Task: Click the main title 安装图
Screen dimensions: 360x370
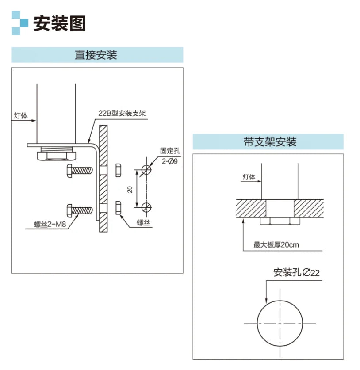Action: [59, 23]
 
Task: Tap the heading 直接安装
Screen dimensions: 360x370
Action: [96, 55]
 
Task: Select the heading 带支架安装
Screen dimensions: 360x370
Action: [270, 142]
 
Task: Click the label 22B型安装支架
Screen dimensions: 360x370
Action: [122, 113]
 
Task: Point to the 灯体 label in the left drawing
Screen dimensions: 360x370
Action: [21, 116]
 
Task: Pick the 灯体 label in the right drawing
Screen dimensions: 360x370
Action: [249, 177]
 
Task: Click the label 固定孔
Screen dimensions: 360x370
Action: [170, 151]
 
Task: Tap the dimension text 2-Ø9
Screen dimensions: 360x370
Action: [169, 161]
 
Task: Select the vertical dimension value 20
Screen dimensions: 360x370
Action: [130, 190]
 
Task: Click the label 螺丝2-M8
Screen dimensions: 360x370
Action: [50, 224]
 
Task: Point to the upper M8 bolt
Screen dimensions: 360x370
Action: [80, 170]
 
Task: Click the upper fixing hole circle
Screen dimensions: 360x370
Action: [146, 170]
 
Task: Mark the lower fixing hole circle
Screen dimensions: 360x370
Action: [146, 208]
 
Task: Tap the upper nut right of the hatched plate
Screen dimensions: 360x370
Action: [118, 170]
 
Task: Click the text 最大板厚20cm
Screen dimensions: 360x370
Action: [276, 245]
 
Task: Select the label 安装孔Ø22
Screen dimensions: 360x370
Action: [296, 273]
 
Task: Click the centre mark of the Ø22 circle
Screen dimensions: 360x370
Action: [280, 324]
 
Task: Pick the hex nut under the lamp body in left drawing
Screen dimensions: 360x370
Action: [57, 156]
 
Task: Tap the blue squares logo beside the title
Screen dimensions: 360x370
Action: [20, 23]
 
